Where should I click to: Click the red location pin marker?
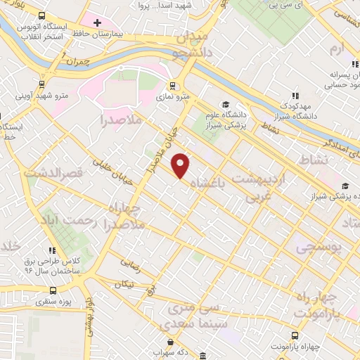[181, 166]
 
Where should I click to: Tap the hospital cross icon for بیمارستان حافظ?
[97, 23]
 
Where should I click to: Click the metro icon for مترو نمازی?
[172, 86]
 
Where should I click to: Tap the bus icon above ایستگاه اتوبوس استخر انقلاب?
[42, 15]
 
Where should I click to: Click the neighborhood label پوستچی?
[317, 248]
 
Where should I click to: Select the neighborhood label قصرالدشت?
[53, 172]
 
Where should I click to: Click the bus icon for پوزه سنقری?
[53, 290]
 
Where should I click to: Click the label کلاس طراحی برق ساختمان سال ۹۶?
[53, 264]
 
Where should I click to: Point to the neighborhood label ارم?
[338, 49]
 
